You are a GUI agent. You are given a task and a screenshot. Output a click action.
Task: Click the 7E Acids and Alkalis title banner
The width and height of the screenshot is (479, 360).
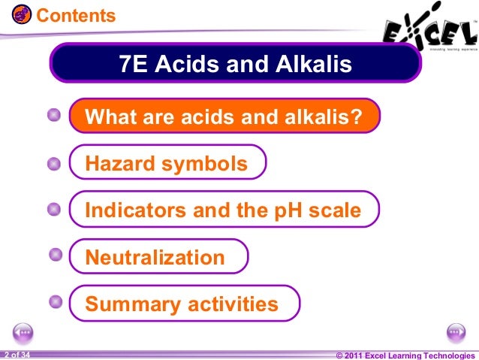click(235, 65)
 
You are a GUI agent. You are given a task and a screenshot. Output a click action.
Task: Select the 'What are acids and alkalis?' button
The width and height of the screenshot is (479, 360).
click(224, 116)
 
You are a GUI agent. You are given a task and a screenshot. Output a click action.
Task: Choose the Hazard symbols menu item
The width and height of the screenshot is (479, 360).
click(167, 163)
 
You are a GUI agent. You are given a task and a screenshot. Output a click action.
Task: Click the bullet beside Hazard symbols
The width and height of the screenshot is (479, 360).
click(53, 163)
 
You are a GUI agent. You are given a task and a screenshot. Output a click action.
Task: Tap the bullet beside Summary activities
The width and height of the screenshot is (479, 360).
click(56, 302)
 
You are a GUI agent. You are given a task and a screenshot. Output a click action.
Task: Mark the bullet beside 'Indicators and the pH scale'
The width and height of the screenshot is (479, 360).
click(53, 210)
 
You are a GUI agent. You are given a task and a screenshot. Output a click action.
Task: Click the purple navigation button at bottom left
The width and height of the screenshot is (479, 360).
click(23, 332)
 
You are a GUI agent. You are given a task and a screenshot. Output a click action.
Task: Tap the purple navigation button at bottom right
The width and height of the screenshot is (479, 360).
click(456, 332)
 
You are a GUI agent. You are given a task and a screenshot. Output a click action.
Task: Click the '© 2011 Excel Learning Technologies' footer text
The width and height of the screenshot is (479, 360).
click(405, 355)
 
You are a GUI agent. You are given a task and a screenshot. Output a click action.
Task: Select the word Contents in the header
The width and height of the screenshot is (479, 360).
click(76, 15)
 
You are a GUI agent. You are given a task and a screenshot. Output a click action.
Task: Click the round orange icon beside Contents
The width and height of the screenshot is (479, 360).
click(23, 14)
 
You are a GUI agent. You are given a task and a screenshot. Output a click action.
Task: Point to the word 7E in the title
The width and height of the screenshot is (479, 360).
click(137, 65)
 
